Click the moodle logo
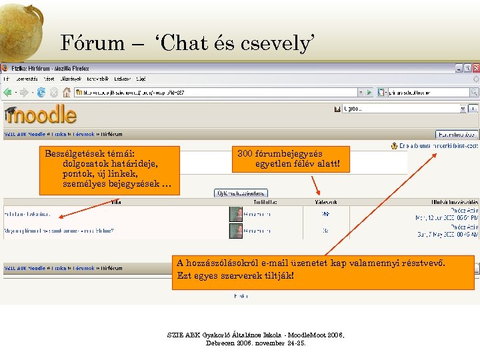tap(41, 114)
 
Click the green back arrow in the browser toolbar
tap(10, 93)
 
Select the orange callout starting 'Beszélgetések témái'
tap(109, 171)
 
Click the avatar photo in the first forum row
tap(235, 214)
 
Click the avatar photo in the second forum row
tap(235, 231)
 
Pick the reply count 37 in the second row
tap(325, 231)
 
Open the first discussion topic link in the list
tap(27, 214)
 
